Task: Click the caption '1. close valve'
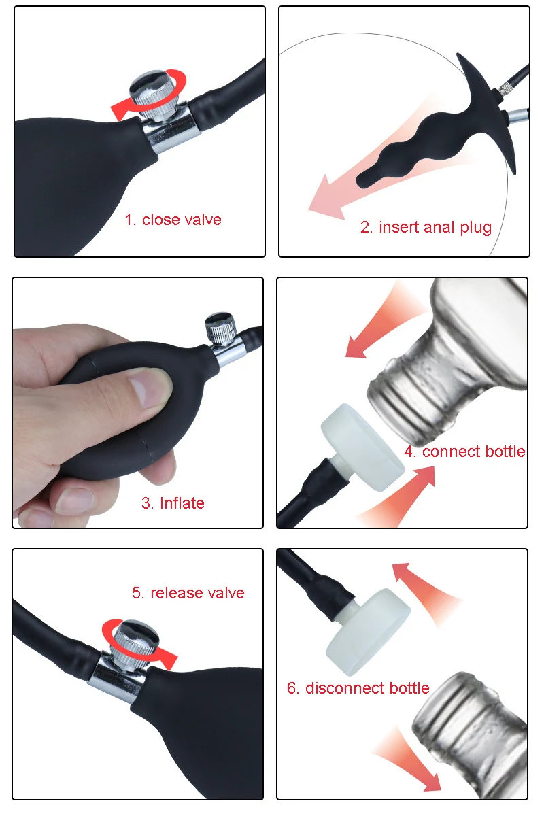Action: (x=173, y=220)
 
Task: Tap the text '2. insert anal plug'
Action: (x=426, y=227)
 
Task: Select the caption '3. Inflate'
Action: (x=172, y=503)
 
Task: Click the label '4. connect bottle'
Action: (x=464, y=452)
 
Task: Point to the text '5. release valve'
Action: (x=188, y=593)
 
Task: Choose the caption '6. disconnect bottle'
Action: (x=358, y=687)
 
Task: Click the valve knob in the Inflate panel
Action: (x=220, y=328)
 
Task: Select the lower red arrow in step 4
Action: (x=401, y=496)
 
